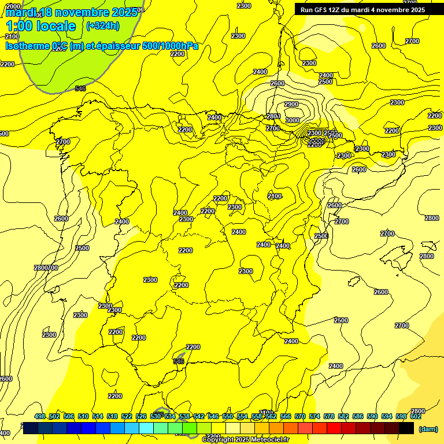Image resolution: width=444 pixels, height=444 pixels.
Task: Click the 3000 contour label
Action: (293, 120)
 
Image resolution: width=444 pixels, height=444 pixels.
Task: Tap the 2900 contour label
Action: (291, 104)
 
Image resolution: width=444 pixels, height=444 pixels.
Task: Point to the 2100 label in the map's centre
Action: (275, 197)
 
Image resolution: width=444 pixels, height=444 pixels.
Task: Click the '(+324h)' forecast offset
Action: (103, 25)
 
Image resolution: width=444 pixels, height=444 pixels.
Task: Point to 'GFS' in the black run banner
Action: (321, 10)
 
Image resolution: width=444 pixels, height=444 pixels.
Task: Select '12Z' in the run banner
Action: (336, 10)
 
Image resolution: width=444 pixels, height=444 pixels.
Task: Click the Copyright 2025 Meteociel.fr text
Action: (245, 440)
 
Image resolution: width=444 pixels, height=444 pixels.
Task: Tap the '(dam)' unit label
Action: (428, 428)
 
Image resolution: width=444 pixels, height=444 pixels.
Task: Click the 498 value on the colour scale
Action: (40, 417)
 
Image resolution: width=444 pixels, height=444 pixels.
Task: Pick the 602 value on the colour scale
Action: (416, 417)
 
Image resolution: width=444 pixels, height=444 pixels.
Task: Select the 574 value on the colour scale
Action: (314, 417)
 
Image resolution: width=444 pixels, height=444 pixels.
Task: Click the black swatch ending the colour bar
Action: (406, 428)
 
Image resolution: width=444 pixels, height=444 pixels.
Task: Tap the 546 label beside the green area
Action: (80, 88)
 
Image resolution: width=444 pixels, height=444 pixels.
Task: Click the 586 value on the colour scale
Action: (358, 417)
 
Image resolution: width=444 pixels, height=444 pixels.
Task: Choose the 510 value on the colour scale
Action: (83, 417)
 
